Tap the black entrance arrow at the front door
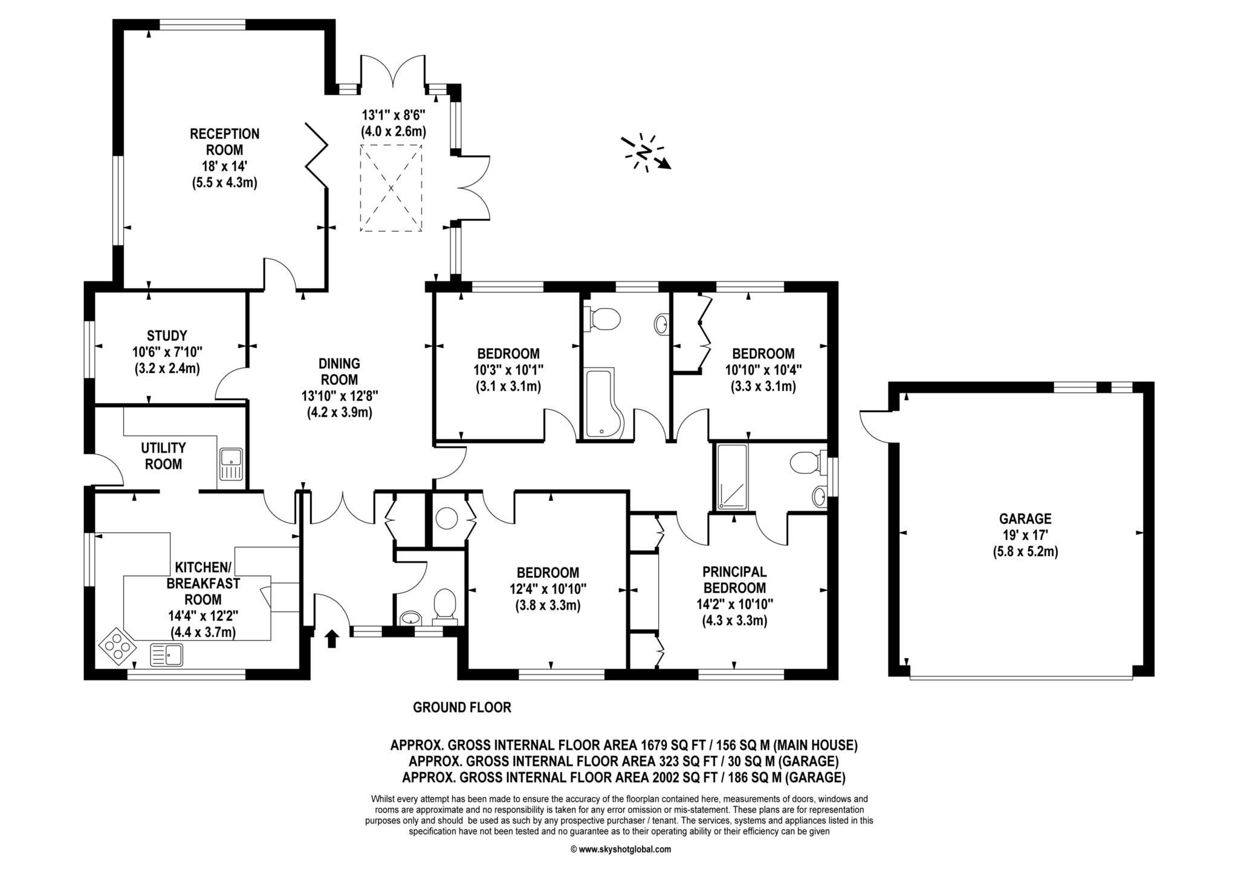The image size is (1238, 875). click(x=331, y=638)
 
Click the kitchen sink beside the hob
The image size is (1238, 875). click(x=166, y=654)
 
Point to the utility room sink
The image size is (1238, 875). click(x=231, y=464)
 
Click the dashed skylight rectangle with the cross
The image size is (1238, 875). click(x=391, y=188)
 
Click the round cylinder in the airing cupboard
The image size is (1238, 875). click(x=449, y=518)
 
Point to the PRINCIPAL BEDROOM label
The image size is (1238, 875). click(x=734, y=580)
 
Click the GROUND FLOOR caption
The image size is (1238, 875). click(x=462, y=707)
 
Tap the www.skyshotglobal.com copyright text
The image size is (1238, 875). click(x=620, y=849)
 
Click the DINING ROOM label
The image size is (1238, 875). click(x=339, y=372)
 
